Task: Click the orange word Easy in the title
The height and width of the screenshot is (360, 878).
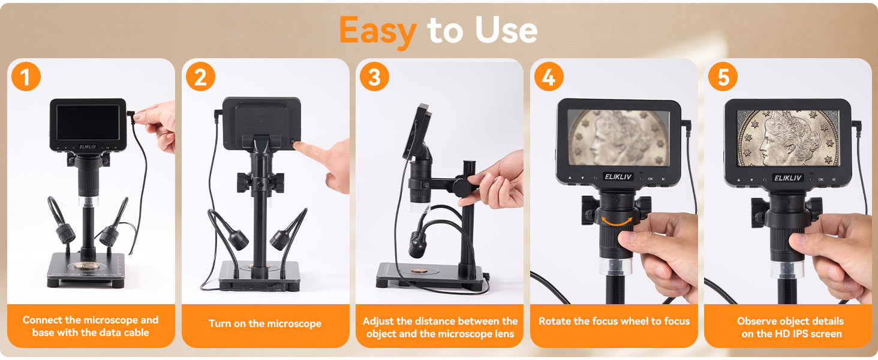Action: pyautogui.click(x=377, y=30)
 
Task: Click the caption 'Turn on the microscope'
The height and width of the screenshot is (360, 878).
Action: pyautogui.click(x=265, y=324)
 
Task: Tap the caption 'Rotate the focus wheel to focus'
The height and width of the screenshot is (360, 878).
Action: pyautogui.click(x=614, y=322)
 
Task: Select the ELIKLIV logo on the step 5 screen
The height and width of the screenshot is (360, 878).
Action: pyautogui.click(x=787, y=178)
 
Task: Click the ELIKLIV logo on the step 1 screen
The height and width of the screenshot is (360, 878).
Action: pyautogui.click(x=88, y=146)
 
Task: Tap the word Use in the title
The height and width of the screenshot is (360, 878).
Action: pyautogui.click(x=506, y=30)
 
